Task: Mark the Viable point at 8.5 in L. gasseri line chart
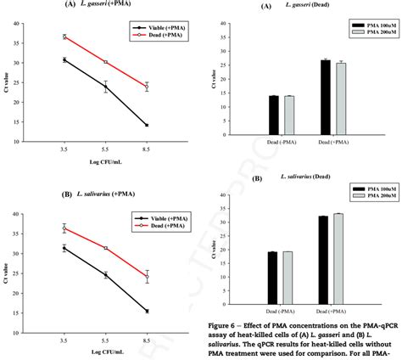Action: pos(146,125)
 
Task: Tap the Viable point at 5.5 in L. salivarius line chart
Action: pos(105,275)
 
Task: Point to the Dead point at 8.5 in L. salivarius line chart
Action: pos(146,277)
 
